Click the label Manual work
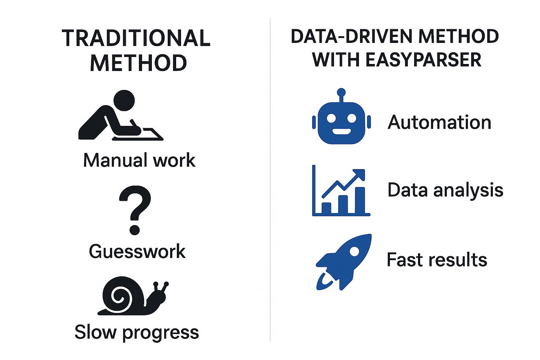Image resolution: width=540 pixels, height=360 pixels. click(x=139, y=160)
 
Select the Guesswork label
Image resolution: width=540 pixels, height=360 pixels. click(x=137, y=251)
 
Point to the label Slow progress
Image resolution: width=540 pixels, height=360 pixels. click(x=137, y=332)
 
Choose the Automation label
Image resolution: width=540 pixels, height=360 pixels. click(x=439, y=122)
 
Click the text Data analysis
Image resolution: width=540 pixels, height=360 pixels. click(x=445, y=190)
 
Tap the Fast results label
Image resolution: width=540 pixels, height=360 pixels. click(x=437, y=259)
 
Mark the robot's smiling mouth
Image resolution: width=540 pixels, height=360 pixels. click(x=341, y=132)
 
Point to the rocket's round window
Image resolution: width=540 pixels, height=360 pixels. click(x=355, y=251)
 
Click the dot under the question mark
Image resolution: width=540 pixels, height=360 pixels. click(x=135, y=230)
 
